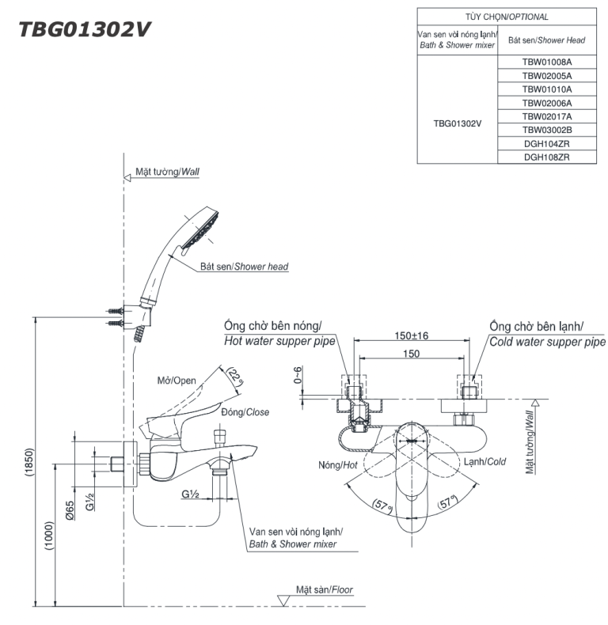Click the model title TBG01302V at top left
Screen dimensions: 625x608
pos(85,29)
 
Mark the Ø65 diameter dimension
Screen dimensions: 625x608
pos(71,510)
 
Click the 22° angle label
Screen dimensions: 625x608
pos(235,376)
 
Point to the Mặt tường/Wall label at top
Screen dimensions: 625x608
pos(167,171)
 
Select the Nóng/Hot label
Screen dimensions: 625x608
pos(339,465)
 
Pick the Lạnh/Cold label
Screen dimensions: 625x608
pos(484,461)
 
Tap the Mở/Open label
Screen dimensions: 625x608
pos(176,381)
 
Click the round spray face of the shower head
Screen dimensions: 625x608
pos(200,226)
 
